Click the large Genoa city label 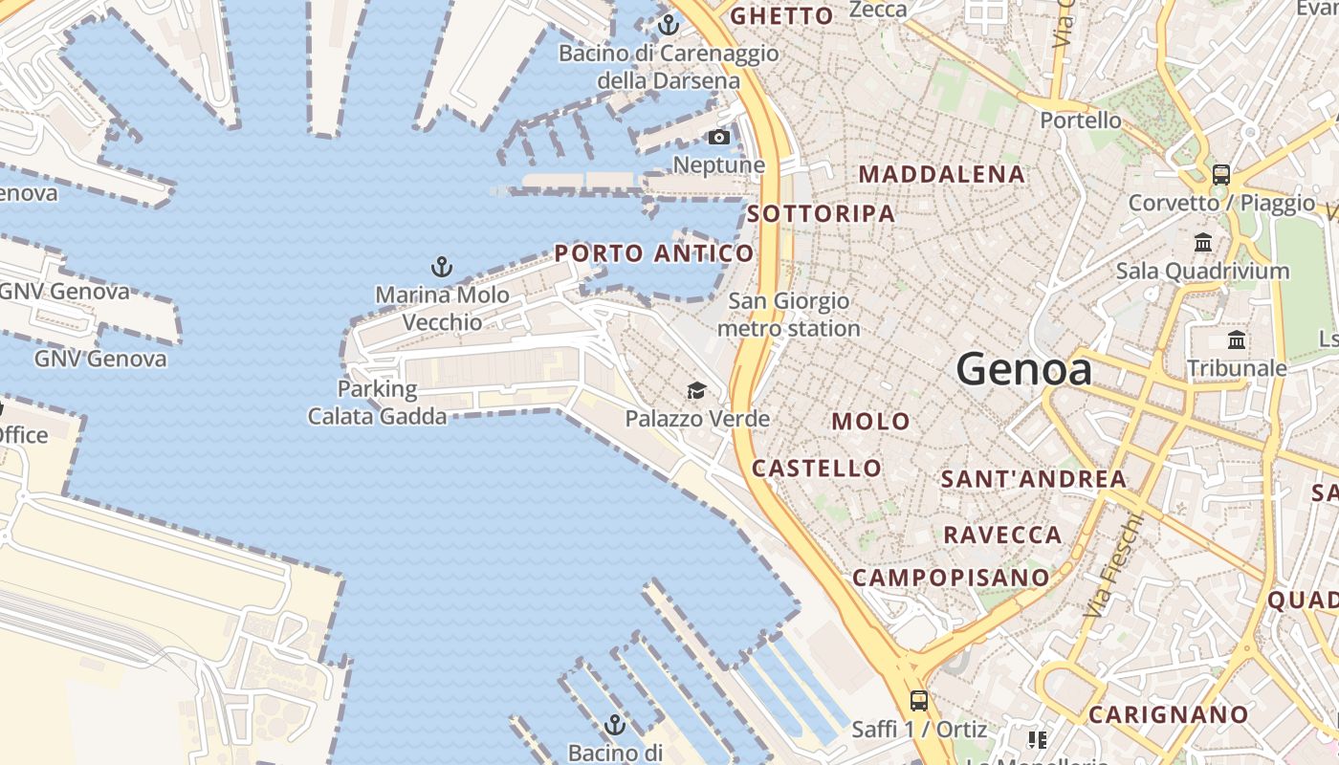pyautogui.click(x=1023, y=369)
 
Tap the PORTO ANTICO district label pyautogui.click(x=654, y=253)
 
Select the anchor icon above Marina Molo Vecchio pyautogui.click(x=441, y=266)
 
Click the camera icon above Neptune pyautogui.click(x=719, y=138)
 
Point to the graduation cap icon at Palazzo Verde pyautogui.click(x=696, y=390)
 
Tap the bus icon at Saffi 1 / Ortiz pyautogui.click(x=919, y=700)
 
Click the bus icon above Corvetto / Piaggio pyautogui.click(x=1220, y=174)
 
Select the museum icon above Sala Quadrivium pyautogui.click(x=1203, y=242)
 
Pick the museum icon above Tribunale pyautogui.click(x=1237, y=340)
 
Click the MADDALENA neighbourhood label pyautogui.click(x=942, y=174)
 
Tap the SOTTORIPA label pyautogui.click(x=822, y=213)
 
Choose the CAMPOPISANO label pyautogui.click(x=951, y=578)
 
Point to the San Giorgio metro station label pyautogui.click(x=789, y=315)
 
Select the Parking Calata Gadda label pyautogui.click(x=377, y=403)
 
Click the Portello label pyautogui.click(x=1081, y=120)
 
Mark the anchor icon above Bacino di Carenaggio pyautogui.click(x=669, y=25)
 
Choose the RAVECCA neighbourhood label pyautogui.click(x=1002, y=535)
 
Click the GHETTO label pyautogui.click(x=782, y=16)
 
